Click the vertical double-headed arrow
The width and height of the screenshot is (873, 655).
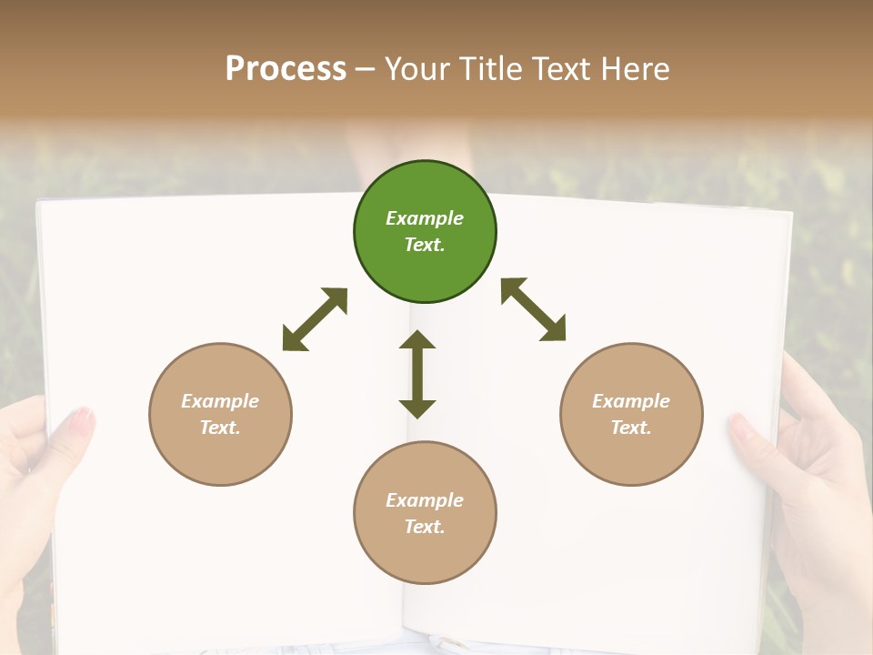pyautogui.click(x=417, y=374)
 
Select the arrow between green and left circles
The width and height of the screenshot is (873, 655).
pyautogui.click(x=315, y=319)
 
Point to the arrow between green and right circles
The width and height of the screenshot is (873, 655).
pyautogui.click(x=534, y=309)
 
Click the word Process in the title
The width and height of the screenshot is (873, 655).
pyautogui.click(x=286, y=68)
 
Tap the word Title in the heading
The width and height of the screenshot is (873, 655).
pyautogui.click(x=488, y=68)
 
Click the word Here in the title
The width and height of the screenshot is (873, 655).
pyautogui.click(x=636, y=68)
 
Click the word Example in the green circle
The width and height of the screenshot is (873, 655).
pyautogui.click(x=425, y=218)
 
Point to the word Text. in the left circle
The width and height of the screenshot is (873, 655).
pyautogui.click(x=220, y=428)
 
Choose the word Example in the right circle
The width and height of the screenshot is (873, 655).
pyautogui.click(x=631, y=401)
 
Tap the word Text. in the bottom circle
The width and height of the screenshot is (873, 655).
pyautogui.click(x=425, y=527)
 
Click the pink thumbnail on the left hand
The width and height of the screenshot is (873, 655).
pyautogui.click(x=83, y=420)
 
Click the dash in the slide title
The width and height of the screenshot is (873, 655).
pyautogui.click(x=366, y=69)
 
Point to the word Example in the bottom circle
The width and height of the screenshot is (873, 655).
pyautogui.click(x=425, y=500)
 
